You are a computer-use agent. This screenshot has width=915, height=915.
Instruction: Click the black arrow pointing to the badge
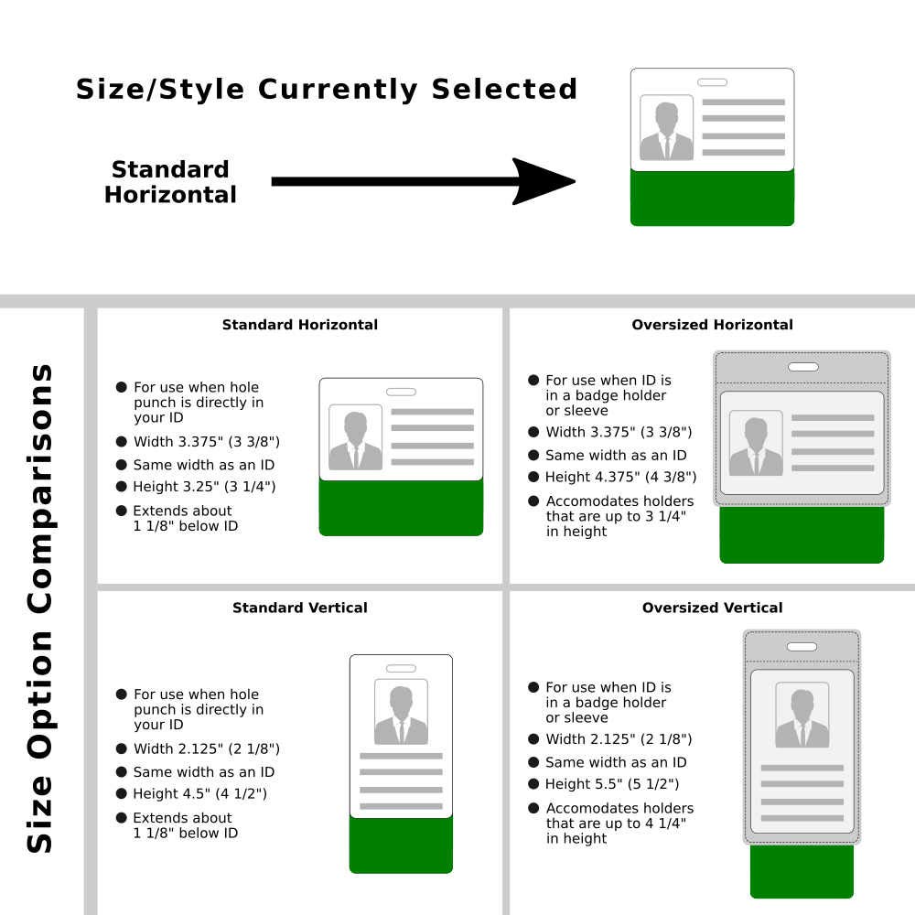tap(421, 181)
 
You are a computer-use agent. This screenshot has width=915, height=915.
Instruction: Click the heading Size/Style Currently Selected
tap(327, 90)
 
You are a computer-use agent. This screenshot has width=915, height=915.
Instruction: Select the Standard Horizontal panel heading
tap(299, 325)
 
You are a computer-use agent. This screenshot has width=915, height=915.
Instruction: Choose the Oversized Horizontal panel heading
tap(712, 325)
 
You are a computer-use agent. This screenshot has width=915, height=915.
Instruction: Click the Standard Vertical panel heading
tap(299, 608)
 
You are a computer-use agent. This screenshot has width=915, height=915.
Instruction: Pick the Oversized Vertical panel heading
tap(712, 608)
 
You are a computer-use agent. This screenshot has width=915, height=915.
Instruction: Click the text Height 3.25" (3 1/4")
tap(203, 487)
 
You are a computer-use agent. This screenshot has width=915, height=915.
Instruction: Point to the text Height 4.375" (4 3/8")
tap(620, 477)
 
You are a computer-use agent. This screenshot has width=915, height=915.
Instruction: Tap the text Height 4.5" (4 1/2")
tap(199, 794)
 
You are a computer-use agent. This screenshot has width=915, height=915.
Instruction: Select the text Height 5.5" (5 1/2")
tap(611, 784)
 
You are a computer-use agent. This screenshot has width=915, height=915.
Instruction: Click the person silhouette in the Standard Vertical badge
tap(401, 715)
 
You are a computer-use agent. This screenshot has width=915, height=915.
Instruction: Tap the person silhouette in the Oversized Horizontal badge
tap(756, 446)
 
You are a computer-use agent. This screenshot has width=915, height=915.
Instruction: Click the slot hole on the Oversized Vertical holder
tap(802, 647)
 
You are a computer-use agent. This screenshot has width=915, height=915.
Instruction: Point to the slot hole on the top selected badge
tap(712, 82)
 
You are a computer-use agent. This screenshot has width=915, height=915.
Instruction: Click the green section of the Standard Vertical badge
tap(401, 845)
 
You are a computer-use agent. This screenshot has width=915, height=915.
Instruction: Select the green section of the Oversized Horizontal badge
tap(802, 534)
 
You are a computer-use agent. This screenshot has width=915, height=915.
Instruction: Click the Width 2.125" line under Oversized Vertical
tap(619, 739)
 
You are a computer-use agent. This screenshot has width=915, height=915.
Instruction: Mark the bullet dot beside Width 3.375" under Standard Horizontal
tap(121, 442)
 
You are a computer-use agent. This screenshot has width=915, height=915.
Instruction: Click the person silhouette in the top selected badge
tap(666, 131)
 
